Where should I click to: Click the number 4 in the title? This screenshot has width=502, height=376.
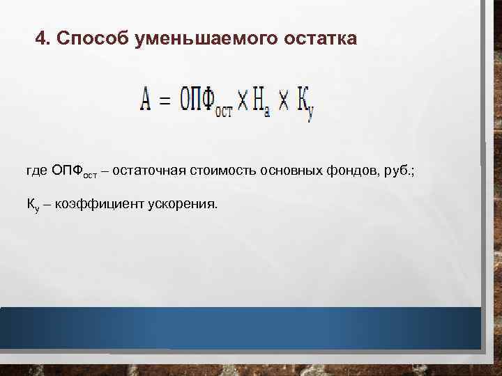tap(40, 39)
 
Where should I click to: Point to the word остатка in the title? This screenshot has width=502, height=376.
tap(320, 39)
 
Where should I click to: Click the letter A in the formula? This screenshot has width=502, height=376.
tap(144, 102)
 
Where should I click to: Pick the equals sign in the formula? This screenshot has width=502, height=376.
tap(165, 102)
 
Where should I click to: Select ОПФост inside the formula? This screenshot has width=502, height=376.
tap(206, 103)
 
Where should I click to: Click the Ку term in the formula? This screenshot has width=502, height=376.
tap(305, 105)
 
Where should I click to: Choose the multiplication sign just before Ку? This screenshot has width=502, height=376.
tap(284, 102)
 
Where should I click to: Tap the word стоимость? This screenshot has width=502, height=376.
tap(221, 171)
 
